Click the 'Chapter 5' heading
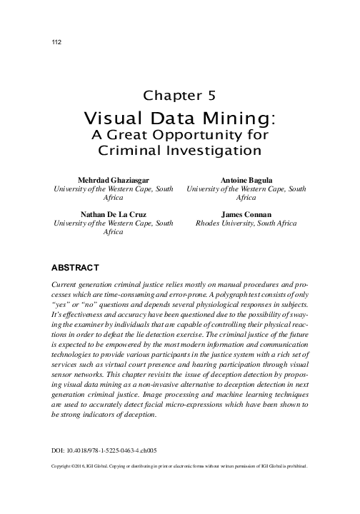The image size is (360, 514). [179, 95]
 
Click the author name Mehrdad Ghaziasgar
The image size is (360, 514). [114, 179]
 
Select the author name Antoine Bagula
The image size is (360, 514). [246, 179]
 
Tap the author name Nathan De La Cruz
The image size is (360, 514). [114, 213]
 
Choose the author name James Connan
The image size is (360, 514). [246, 213]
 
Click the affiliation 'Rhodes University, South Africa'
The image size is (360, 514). [246, 223]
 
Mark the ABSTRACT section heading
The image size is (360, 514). [76, 268]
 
